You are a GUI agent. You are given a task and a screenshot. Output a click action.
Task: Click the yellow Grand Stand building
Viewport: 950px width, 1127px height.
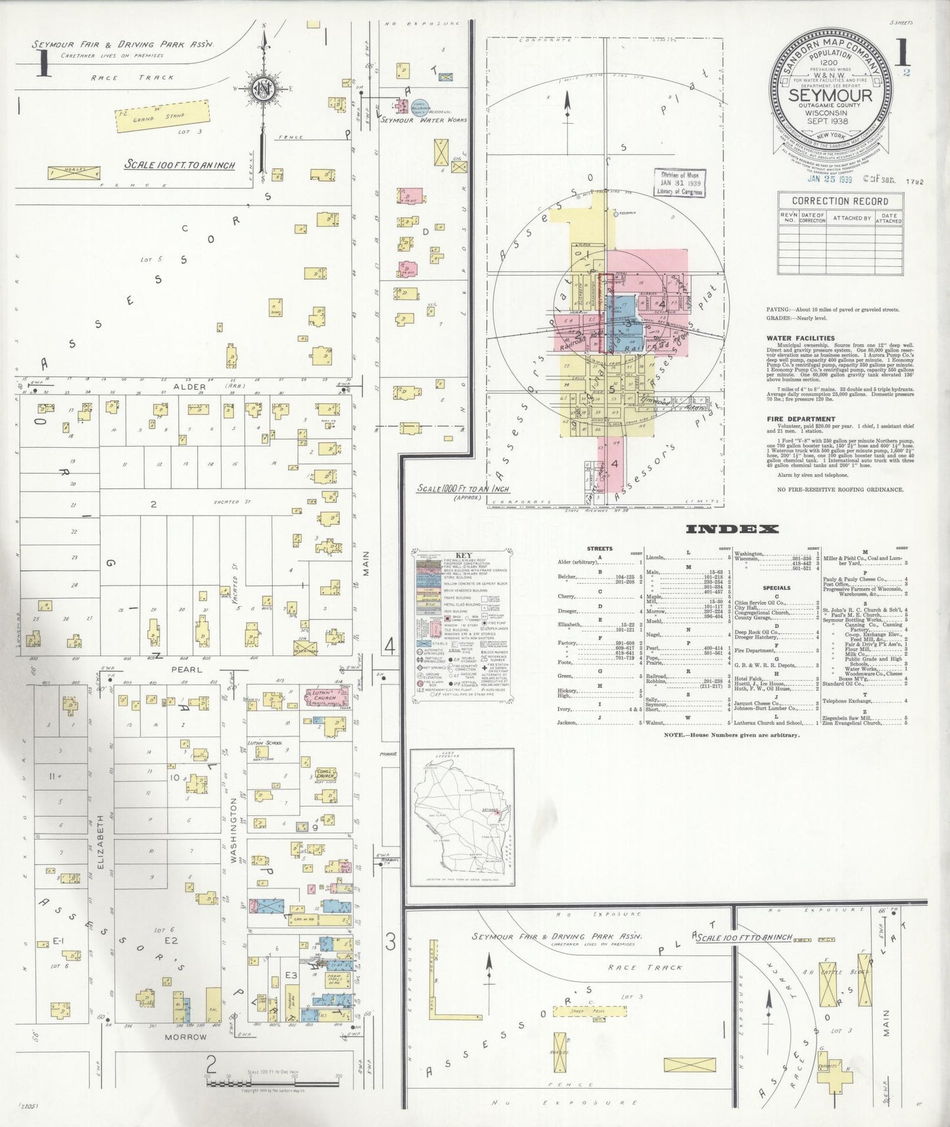[162, 118]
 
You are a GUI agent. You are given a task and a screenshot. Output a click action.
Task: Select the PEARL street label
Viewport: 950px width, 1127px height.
[188, 669]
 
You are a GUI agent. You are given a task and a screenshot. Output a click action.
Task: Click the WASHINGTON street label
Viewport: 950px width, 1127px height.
[234, 830]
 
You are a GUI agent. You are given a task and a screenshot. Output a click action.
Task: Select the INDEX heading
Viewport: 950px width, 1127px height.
[732, 529]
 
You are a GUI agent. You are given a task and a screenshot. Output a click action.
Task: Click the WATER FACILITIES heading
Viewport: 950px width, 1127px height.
[801, 339]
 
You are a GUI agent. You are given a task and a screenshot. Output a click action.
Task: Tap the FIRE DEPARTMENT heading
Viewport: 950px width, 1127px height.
[801, 419]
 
